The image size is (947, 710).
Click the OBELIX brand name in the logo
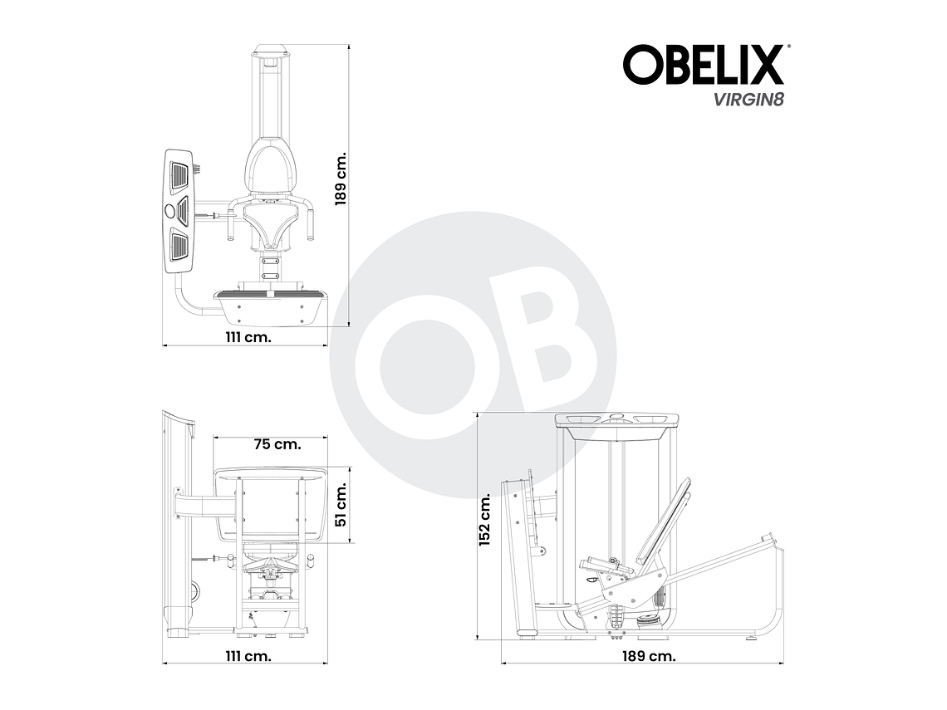click(702, 65)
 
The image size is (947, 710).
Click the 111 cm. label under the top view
click(248, 337)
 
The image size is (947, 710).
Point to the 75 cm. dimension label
click(277, 444)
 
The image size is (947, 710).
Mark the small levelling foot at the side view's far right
click(752, 639)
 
